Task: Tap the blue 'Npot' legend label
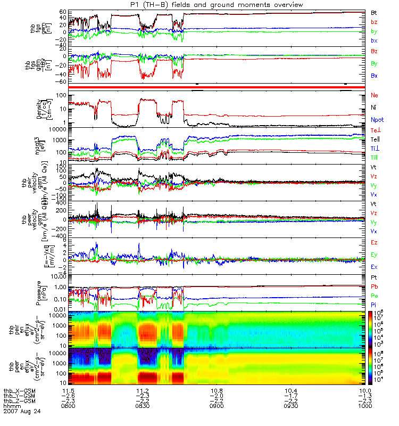point(377,120)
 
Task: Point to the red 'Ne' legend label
point(374,95)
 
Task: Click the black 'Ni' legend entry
point(373,108)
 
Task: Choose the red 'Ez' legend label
point(374,242)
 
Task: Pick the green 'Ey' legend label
point(374,255)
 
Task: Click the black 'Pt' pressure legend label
point(373,278)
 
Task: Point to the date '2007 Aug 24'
point(21,412)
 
